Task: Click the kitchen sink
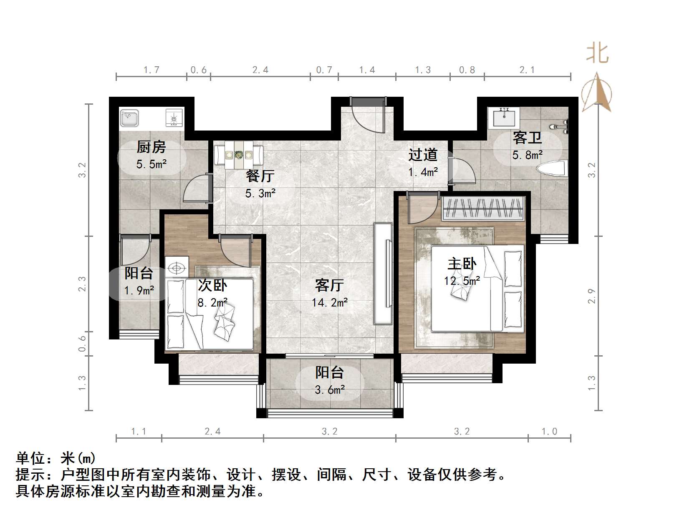tap(129, 118)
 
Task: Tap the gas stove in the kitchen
tap(174, 118)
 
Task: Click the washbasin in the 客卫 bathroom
tap(504, 116)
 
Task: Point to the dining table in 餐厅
tap(239, 155)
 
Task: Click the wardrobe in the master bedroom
tap(483, 209)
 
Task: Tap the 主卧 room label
tap(462, 264)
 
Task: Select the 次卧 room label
tap(212, 285)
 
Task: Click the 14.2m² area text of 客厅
tap(329, 302)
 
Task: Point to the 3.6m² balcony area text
tap(329, 390)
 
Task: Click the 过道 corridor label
tap(423, 155)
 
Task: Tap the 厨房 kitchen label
tap(151, 147)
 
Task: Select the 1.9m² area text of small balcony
tap(139, 290)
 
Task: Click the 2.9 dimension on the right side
tap(592, 296)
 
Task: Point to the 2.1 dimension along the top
tap(527, 70)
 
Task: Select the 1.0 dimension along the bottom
tap(549, 432)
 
